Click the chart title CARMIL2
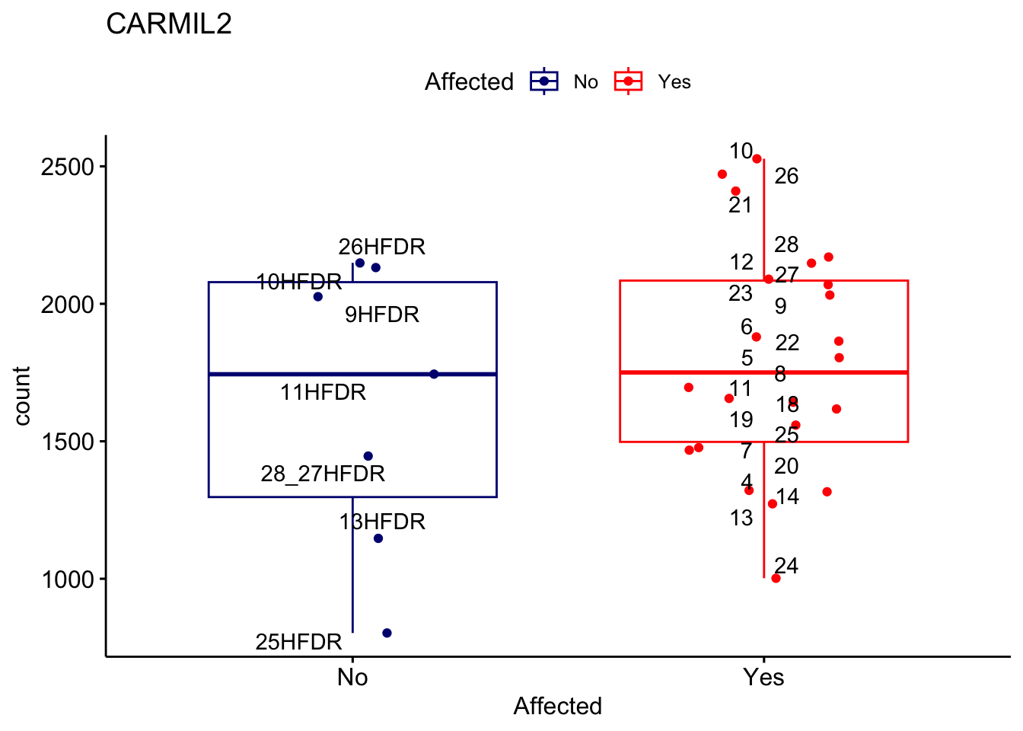[169, 24]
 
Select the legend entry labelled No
[585, 82]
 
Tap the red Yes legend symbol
[629, 81]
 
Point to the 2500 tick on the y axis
[68, 167]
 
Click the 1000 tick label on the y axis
[68, 579]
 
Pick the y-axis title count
[22, 396]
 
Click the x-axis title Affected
[557, 706]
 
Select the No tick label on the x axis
[352, 677]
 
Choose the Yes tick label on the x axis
[763, 677]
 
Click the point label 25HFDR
[298, 642]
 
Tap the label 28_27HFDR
[323, 474]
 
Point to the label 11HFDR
[323, 392]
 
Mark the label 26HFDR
[381, 247]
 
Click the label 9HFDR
[381, 314]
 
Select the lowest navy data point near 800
[387, 633]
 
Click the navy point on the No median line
[434, 374]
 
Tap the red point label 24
[786, 566]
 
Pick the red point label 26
[786, 177]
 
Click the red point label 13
[741, 519]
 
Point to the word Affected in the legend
[469, 81]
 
